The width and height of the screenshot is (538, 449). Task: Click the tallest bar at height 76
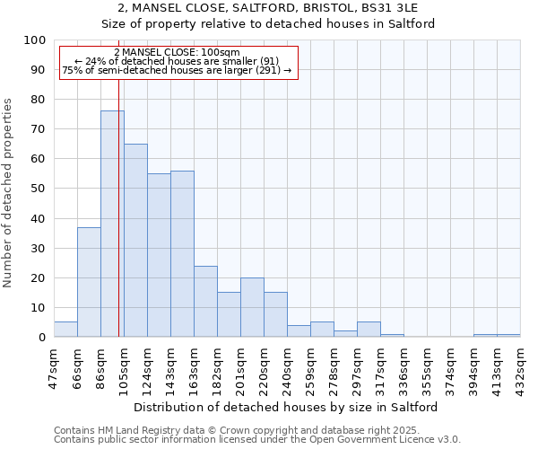pyautogui.click(x=112, y=224)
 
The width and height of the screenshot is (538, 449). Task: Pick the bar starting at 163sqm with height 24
pyautogui.click(x=205, y=301)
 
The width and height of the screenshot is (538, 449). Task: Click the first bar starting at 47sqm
pyautogui.click(x=65, y=330)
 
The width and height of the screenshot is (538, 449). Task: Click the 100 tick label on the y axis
pyautogui.click(x=35, y=40)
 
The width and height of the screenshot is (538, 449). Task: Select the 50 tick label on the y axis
pyautogui.click(x=39, y=189)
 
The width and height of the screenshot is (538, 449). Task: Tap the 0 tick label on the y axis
pyautogui.click(x=42, y=337)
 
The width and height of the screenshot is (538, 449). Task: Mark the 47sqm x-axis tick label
pyautogui.click(x=55, y=365)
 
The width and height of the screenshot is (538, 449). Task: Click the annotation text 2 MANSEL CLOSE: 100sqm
pyautogui.click(x=178, y=52)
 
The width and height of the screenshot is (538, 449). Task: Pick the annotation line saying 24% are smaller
pyautogui.click(x=177, y=61)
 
